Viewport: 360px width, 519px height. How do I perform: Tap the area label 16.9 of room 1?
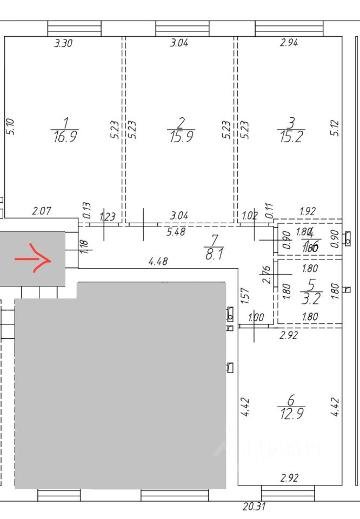coord(64,136)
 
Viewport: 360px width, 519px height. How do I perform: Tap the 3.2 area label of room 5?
coord(310,298)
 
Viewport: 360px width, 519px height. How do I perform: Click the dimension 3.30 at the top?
coord(63,44)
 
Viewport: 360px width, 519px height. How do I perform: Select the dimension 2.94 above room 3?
coord(289,44)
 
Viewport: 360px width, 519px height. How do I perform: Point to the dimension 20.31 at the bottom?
coord(254,507)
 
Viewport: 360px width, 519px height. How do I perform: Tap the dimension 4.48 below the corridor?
coord(158,262)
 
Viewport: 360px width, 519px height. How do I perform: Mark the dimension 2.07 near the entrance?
coord(42,211)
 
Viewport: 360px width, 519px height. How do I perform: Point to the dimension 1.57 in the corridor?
coord(244,295)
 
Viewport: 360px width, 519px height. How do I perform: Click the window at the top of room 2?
coord(182,28)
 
